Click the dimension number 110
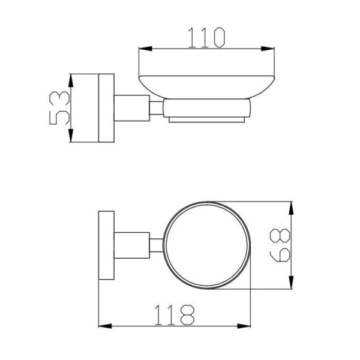pyautogui.click(x=206, y=37)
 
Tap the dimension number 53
pyautogui.click(x=59, y=108)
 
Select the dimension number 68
pyautogui.click(x=280, y=245)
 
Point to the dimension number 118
pyautogui.click(x=174, y=315)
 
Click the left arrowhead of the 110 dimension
pyautogui.click(x=145, y=49)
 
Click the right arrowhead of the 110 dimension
pyautogui.click(x=268, y=49)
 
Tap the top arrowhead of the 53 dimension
pyautogui.click(x=71, y=80)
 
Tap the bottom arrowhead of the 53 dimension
pyautogui.click(x=71, y=136)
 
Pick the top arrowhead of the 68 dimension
pyautogui.click(x=291, y=208)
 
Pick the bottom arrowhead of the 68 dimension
pyautogui.click(x=291, y=283)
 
